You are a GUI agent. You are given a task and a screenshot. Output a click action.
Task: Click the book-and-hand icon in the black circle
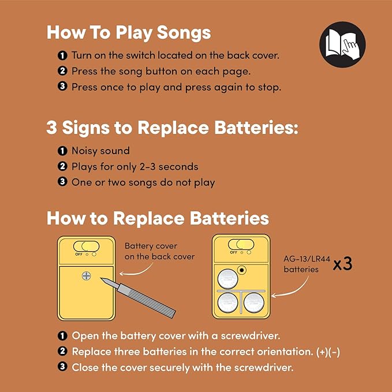342,44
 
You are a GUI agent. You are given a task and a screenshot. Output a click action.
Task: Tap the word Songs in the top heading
184,33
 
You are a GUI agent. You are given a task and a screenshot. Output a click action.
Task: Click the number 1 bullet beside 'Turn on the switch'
62,55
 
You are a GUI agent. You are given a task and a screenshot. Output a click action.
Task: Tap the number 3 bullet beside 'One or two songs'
62,182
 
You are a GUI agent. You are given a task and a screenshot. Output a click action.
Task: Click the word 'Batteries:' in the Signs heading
256,128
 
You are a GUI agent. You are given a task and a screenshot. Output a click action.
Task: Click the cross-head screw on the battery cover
87,276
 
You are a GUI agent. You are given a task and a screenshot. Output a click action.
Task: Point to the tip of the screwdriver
101,278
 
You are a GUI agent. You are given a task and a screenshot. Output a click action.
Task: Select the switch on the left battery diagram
86,247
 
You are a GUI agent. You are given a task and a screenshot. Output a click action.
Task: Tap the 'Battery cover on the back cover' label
159,251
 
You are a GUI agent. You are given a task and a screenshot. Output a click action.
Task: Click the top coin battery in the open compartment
227,279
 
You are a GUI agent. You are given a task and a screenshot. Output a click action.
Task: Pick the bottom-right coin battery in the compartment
254,303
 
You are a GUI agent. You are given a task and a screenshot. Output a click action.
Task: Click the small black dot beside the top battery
242,270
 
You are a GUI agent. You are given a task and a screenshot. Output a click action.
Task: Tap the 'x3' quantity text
342,264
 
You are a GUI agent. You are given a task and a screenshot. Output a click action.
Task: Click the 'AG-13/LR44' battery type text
307,259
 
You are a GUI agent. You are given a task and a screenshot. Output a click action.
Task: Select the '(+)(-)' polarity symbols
328,352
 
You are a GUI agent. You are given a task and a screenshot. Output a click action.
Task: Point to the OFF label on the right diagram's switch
233,252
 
